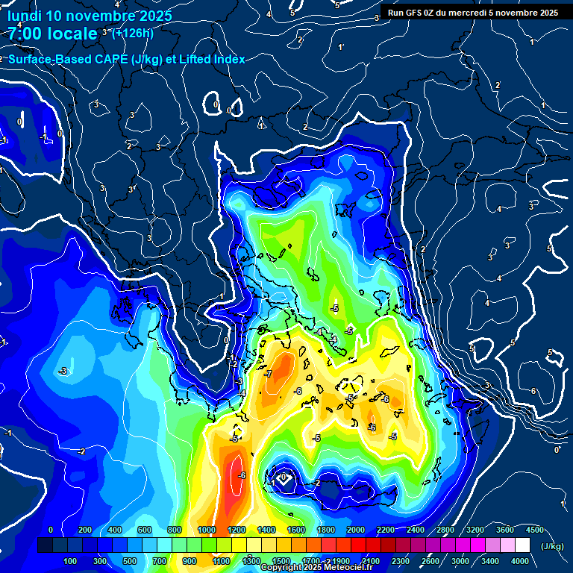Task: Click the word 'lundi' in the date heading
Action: pos(25,16)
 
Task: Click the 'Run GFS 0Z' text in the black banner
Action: pos(415,13)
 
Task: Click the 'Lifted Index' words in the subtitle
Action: pos(212,60)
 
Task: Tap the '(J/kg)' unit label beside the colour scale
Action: pos(552,546)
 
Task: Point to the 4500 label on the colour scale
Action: pos(534,530)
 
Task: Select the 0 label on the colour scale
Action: pos(51,530)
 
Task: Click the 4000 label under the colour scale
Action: pos(520,561)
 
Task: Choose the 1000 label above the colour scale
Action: pos(207,530)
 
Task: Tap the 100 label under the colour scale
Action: pos(71,561)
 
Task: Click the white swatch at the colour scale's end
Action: pos(523,545)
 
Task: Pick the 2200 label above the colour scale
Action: pos(386,530)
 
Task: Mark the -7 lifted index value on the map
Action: pos(269,374)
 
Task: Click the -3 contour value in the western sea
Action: pos(63,371)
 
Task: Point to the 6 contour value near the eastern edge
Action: pos(533,391)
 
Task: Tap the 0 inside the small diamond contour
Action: pos(284,476)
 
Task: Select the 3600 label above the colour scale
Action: pos(504,530)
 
